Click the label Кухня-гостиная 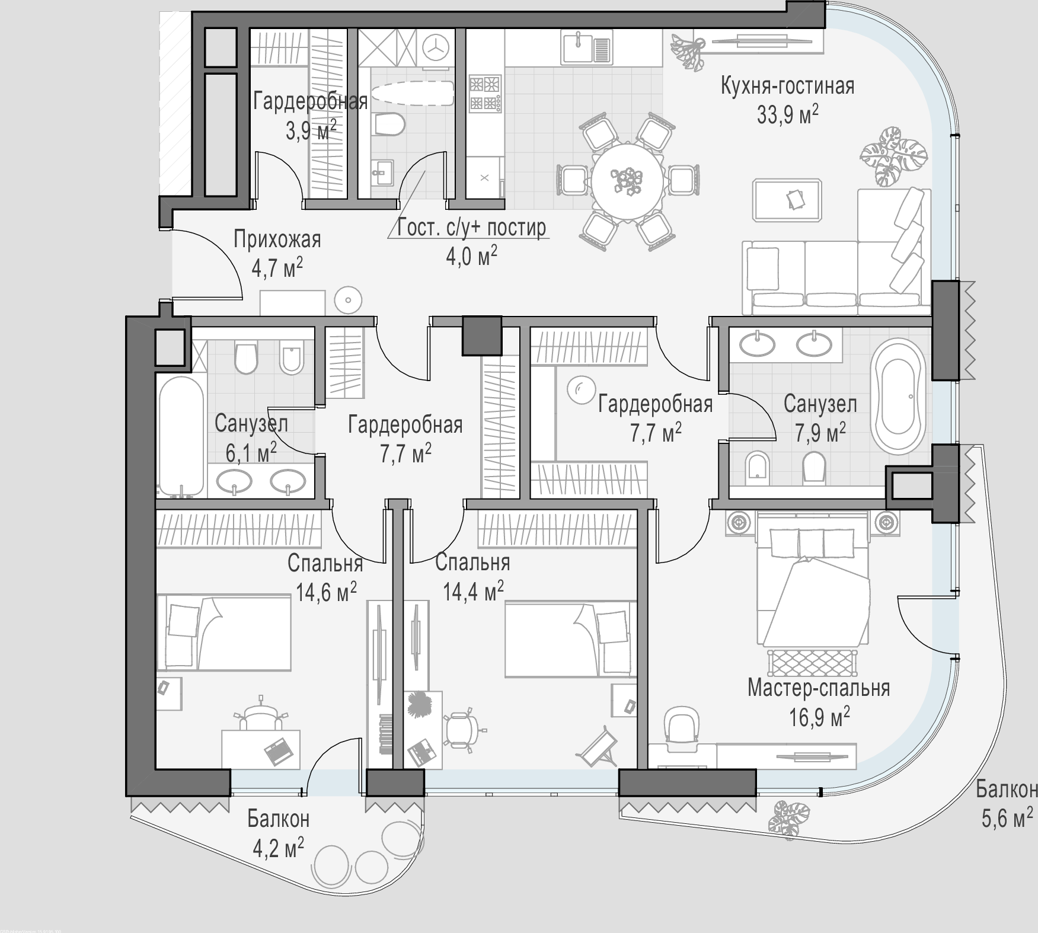tap(787, 86)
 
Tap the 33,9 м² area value tap(787, 114)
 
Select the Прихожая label tap(277, 239)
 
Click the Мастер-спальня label tap(818, 688)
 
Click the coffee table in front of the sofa tap(787, 200)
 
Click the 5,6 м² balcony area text tap(1006, 819)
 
